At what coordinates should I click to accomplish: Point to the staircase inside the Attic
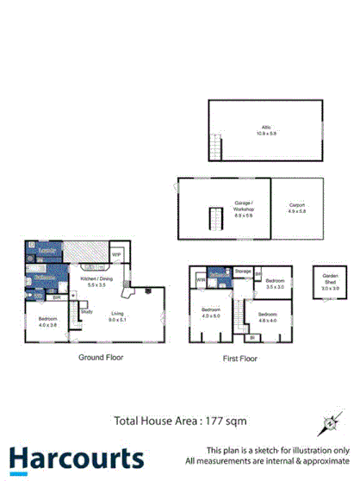tap(216, 149)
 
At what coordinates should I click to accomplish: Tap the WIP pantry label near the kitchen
tap(115, 255)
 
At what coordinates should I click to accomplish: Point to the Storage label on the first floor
tap(243, 272)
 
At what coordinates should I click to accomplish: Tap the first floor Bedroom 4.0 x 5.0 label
tap(211, 312)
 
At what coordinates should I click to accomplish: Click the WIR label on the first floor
tap(200, 280)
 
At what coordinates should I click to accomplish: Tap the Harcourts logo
tap(77, 459)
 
